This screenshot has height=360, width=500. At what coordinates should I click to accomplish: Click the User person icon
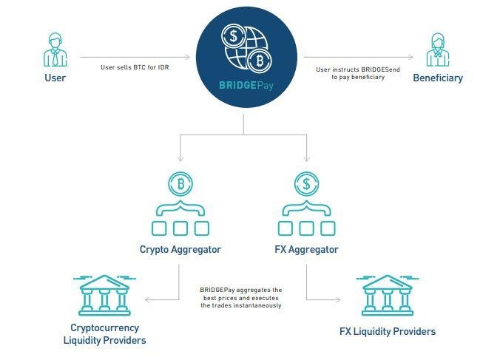coord(55,49)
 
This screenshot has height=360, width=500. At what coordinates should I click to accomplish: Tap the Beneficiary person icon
coord(438,50)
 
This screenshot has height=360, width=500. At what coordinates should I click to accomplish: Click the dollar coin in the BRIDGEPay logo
coord(234,37)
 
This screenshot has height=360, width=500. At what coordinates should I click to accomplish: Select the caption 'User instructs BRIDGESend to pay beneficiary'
coord(352,73)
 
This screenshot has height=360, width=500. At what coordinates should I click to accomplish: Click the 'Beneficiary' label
coord(438,78)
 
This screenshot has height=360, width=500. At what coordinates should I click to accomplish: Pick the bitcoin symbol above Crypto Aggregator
coord(180,182)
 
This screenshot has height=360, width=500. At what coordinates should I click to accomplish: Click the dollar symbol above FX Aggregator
coord(306,182)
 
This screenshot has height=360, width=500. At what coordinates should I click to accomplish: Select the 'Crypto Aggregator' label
coord(180,249)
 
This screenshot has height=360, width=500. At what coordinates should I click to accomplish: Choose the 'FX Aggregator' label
coord(306,249)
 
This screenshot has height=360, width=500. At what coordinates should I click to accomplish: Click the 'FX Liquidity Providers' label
coord(388,331)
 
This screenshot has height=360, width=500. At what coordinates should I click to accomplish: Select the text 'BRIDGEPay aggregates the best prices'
coord(241,297)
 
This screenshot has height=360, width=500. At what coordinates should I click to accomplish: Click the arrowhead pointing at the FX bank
coord(339,299)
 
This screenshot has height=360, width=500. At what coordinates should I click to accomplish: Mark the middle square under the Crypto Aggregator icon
coord(180,228)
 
